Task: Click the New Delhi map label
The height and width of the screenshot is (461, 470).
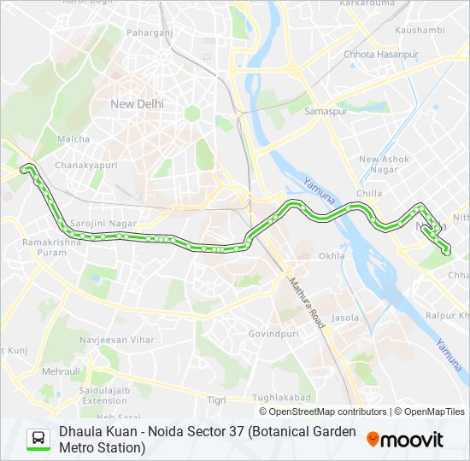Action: pyautogui.click(x=137, y=103)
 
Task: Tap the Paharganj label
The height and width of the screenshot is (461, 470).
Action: pyautogui.click(x=150, y=32)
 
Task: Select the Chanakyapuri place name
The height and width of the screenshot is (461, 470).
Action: pyautogui.click(x=84, y=165)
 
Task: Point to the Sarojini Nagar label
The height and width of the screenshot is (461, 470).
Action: pyautogui.click(x=103, y=223)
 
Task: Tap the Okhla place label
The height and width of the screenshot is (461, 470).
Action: pyautogui.click(x=331, y=255)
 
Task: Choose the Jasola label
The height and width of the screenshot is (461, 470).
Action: pyautogui.click(x=345, y=318)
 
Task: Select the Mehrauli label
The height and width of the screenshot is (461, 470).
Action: pyautogui.click(x=61, y=371)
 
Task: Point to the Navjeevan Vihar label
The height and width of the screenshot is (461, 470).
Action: pyautogui.click(x=116, y=339)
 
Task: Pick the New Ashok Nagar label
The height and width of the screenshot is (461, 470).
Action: pyautogui.click(x=384, y=164)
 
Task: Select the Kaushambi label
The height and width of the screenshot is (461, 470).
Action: pyautogui.click(x=420, y=30)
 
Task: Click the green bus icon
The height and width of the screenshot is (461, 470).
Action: pyautogui.click(x=38, y=439)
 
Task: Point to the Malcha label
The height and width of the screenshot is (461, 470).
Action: pyautogui.click(x=73, y=138)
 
